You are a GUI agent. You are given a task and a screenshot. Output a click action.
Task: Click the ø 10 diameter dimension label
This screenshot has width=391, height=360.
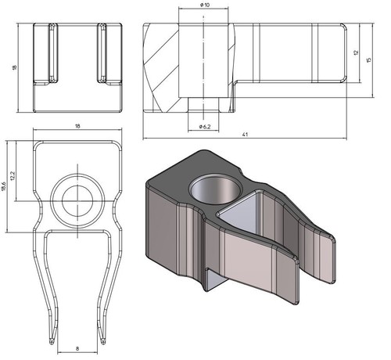(x=205, y=5)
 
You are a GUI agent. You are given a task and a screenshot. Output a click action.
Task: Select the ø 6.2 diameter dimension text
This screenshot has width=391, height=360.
(x=205, y=127)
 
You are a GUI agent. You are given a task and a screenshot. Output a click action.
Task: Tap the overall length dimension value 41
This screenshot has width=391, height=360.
(x=245, y=135)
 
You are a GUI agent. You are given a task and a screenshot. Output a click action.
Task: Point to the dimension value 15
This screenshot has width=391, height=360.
(x=368, y=59)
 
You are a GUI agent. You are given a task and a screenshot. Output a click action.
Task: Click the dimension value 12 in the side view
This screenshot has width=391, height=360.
(x=356, y=52)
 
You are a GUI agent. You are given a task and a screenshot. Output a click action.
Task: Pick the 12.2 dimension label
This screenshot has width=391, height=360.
(x=13, y=176)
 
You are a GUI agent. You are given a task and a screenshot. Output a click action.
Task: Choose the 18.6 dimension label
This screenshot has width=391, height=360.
(x=3, y=187)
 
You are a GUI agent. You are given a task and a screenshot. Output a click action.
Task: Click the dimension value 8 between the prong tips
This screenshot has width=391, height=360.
(x=77, y=348)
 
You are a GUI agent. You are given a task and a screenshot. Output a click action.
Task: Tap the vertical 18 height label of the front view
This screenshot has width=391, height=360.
(x=14, y=67)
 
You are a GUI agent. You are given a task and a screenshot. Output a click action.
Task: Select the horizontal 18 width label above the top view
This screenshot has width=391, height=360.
(x=77, y=126)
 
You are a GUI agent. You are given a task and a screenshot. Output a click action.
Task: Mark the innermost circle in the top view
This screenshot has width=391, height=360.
(x=77, y=201)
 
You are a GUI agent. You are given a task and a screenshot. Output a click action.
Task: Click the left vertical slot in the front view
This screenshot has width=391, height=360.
(x=53, y=53)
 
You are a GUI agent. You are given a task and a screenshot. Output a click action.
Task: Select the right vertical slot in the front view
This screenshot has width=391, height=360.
(x=102, y=53)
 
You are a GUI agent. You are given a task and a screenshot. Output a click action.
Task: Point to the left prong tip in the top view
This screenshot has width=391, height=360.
(x=52, y=342)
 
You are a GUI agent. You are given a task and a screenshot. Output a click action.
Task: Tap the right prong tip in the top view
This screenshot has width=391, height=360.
(x=103, y=342)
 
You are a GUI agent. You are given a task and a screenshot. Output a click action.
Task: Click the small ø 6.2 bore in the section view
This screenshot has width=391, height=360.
(x=203, y=105)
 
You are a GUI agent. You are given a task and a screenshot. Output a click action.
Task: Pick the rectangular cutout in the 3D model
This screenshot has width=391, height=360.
(x=239, y=209)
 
